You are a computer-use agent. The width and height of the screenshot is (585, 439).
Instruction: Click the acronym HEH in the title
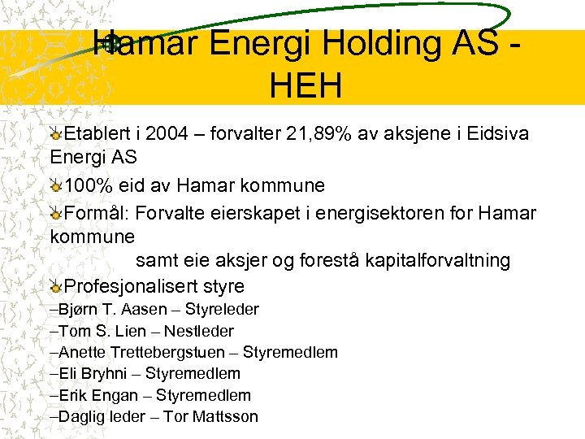[308, 85]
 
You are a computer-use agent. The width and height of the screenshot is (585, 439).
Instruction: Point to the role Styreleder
[222, 309]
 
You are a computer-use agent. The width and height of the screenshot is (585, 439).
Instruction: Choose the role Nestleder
[199, 331]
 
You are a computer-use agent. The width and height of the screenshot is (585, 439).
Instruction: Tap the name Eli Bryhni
[93, 373]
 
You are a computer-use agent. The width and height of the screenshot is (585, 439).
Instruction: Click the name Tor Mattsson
[210, 416]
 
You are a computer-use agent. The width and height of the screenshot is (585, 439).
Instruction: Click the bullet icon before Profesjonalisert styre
[55, 286]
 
